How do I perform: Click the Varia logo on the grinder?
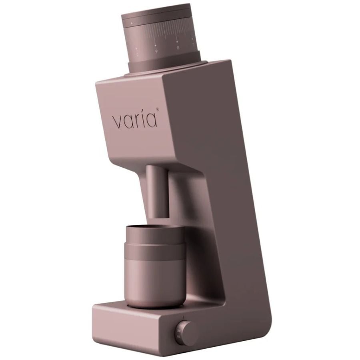tap(135, 120)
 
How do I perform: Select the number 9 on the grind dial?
tap(156, 51)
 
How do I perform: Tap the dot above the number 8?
tap(177, 41)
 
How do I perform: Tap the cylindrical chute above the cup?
tap(157, 190)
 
